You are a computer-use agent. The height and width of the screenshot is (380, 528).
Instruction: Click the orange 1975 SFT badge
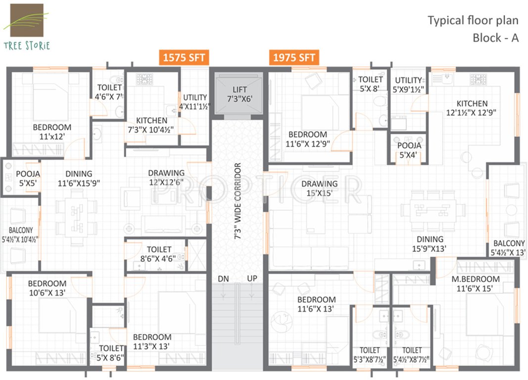click(294, 57)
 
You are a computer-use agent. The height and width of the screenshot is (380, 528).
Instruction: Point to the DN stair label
click(223, 279)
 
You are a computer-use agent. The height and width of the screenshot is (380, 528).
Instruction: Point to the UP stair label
click(252, 279)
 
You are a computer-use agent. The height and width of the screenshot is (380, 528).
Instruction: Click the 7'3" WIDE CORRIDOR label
click(238, 201)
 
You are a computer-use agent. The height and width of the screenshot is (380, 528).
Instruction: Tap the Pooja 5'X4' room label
click(409, 150)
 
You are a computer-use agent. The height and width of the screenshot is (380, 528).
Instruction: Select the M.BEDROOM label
click(475, 284)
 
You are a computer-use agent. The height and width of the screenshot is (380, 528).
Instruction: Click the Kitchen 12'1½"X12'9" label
click(472, 108)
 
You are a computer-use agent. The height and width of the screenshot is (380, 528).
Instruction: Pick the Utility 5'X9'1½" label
click(408, 85)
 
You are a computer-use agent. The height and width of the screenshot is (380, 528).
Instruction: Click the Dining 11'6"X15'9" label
click(79, 178)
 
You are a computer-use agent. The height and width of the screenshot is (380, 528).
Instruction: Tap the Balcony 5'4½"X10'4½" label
click(20, 235)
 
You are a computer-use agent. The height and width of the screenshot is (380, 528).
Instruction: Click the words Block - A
click(495, 38)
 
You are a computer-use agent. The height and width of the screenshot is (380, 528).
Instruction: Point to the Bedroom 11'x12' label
click(52, 132)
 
